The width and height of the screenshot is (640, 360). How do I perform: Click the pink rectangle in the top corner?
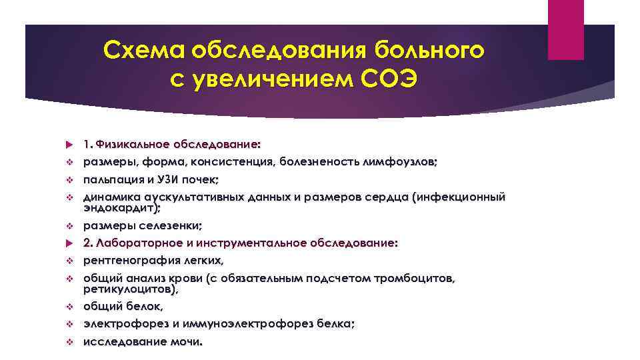click(x=565, y=29)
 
